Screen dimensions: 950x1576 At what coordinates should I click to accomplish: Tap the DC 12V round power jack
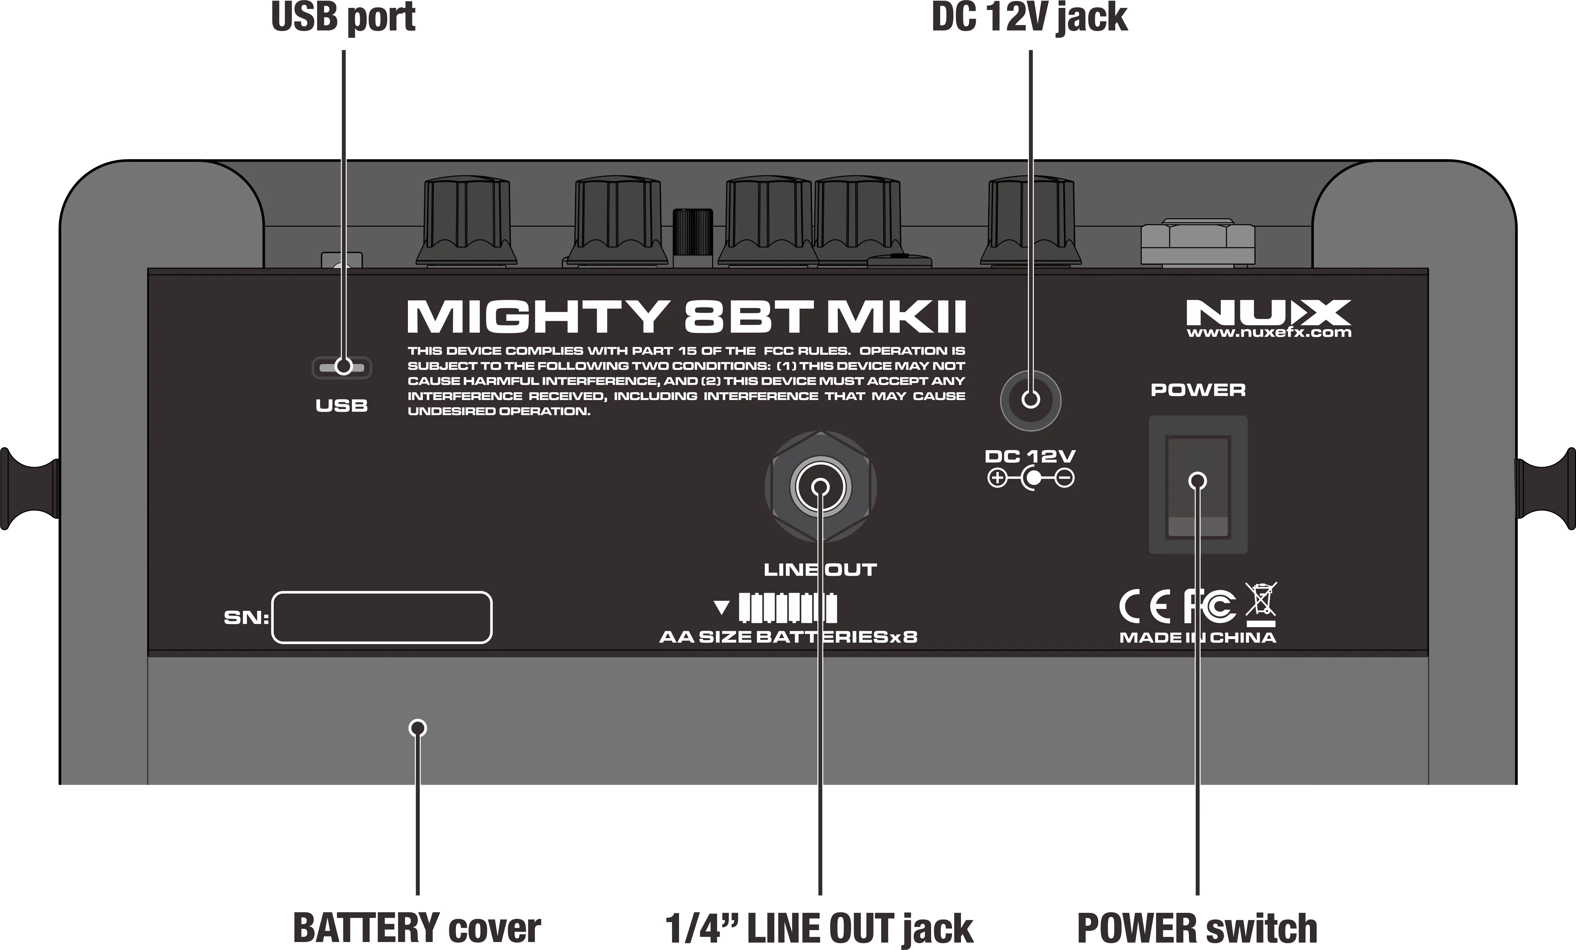[1031, 400]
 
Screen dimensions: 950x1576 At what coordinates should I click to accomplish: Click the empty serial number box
[382, 617]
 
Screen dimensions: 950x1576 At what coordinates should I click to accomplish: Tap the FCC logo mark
[1209, 607]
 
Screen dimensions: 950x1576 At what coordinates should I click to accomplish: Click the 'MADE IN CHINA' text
[1197, 638]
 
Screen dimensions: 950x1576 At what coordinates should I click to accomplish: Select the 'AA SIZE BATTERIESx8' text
[788, 637]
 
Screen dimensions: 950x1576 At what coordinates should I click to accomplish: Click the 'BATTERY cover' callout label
[417, 928]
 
